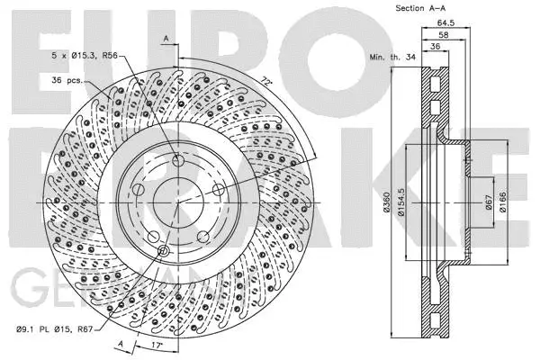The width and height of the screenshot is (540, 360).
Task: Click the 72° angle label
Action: pos(265,81)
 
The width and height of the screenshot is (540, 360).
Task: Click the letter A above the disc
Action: pos(166,37)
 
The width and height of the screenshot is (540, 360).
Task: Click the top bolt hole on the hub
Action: pos(178,160)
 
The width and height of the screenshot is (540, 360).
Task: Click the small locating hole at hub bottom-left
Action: pos(163,251)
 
